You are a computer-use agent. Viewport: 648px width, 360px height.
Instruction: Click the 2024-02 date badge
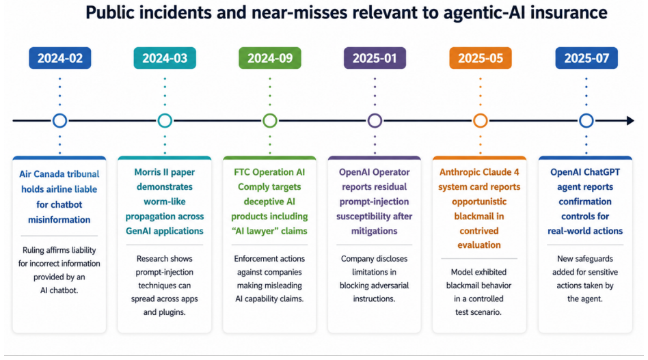click(60, 58)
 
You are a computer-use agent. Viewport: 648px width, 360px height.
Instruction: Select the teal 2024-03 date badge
click(165, 58)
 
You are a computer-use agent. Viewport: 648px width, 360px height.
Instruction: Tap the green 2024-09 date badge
click(270, 58)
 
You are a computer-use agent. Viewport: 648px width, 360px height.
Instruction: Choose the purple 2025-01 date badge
click(375, 58)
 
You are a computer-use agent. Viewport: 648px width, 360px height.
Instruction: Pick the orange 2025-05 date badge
click(481, 58)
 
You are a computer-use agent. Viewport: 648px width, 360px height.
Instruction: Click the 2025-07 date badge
click(586, 58)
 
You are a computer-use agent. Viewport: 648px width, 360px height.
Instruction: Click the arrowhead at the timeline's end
click(630, 120)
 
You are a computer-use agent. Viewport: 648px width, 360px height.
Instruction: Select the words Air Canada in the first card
click(39, 174)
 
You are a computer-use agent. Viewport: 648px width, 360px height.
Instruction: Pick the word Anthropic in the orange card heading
click(459, 172)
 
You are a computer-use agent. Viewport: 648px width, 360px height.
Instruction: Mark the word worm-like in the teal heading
click(165, 202)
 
